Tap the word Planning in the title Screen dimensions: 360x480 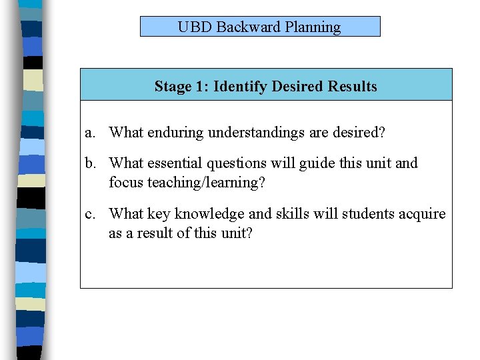313,28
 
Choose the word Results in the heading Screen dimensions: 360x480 352,87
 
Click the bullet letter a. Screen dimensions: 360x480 89,133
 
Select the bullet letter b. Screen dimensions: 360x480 90,163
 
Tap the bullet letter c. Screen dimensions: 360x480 89,214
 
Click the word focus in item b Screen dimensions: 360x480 126,182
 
